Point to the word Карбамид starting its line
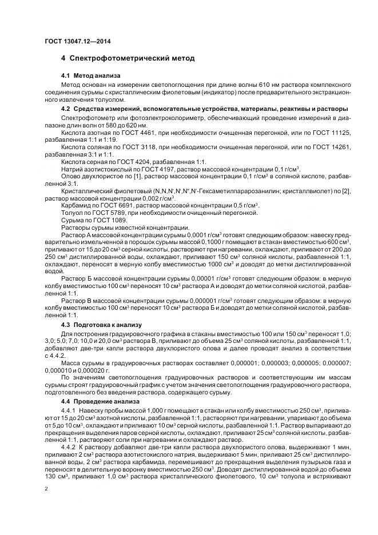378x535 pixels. [x=75, y=205]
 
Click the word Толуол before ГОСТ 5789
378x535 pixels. [x=71, y=213]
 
